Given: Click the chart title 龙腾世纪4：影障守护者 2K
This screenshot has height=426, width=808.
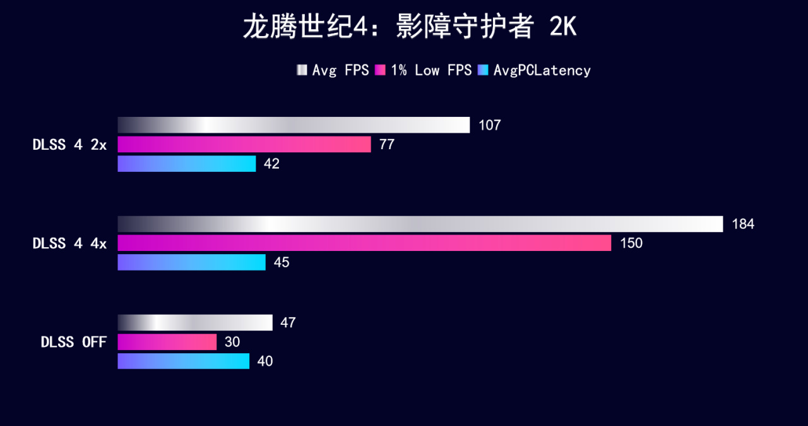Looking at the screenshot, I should pos(410,28).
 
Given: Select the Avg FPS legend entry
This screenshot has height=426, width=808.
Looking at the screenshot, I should pos(333,70).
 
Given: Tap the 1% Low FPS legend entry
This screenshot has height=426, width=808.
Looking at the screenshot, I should pos(424,70).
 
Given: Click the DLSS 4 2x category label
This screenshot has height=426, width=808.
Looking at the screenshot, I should pos(69,145).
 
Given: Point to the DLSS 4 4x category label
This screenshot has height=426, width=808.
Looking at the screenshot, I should pos(69,243).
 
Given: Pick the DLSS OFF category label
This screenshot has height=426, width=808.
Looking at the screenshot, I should pos(74,342).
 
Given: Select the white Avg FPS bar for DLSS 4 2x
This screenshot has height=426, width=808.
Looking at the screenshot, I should pos(294,125).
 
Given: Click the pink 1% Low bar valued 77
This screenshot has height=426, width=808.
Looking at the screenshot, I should pos(244,145).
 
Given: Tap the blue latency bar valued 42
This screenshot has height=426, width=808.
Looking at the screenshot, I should pos(187,164).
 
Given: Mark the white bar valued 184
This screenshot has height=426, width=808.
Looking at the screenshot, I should pos(420,224).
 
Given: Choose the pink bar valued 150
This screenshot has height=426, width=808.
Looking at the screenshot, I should pos(364,243).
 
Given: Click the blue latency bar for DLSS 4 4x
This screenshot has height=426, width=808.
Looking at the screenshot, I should pos(191,262).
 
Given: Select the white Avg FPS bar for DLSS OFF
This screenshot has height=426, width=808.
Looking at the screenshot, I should pos(195,323).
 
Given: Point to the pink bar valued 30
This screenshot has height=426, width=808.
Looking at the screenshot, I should pos(167,342).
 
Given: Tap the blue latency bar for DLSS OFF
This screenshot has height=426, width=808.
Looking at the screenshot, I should pos(184,361).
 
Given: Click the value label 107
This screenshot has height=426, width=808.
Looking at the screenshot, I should pos(489,125).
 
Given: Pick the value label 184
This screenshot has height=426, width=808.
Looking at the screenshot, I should pos(743,224).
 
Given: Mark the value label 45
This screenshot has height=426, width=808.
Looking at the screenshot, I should pos(282,262).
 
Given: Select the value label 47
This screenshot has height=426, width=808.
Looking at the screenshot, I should pos(288,323).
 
